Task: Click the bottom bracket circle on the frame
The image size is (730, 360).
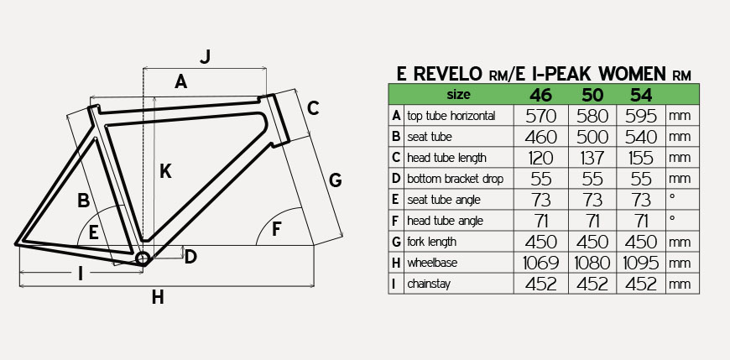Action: point(142,258)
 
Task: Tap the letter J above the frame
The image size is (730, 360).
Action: point(206,57)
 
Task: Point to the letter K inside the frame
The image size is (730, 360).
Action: point(165,171)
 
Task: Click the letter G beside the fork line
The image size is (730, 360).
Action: point(335,180)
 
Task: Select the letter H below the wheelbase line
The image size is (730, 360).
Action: point(158,297)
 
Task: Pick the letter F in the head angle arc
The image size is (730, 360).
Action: point(277,229)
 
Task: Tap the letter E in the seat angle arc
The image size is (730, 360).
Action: point(94,232)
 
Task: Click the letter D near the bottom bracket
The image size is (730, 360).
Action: point(190,257)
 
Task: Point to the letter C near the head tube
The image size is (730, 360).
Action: point(313,108)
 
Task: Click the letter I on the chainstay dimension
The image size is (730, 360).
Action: point(80,274)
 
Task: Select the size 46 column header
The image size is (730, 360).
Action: point(540,95)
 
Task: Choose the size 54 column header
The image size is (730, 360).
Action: point(641,95)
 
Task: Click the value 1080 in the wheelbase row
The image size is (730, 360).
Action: point(592,263)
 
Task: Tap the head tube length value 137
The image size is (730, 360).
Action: point(592,158)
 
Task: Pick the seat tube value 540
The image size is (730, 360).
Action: point(641,137)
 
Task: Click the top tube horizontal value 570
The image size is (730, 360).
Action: point(541,116)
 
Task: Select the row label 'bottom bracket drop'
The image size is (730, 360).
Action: point(455,179)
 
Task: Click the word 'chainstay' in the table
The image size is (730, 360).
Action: point(428,284)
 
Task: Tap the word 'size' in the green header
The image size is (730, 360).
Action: point(458,95)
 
